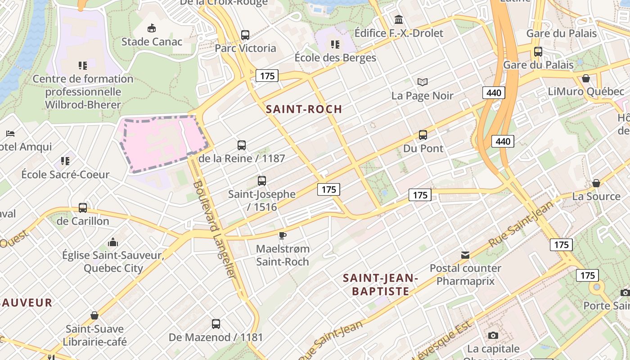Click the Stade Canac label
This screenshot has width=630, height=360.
pyautogui.click(x=152, y=42)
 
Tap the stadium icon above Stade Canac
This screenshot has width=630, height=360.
pyautogui.click(x=152, y=28)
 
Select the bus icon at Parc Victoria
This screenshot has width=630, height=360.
pyautogui.click(x=245, y=35)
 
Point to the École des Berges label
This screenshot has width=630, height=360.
pyautogui.click(x=335, y=58)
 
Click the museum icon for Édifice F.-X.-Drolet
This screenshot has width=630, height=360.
pyautogui.click(x=399, y=19)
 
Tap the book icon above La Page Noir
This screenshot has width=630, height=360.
pyautogui.click(x=422, y=82)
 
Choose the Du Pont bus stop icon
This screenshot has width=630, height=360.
pyautogui.click(x=423, y=135)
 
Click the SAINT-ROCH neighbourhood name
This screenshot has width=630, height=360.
pyautogui.click(x=304, y=109)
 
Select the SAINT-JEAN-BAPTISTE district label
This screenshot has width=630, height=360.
pyautogui.click(x=381, y=284)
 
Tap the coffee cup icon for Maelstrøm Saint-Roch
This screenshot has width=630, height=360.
pyautogui.click(x=282, y=235)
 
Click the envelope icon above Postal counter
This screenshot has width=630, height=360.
pyautogui.click(x=465, y=255)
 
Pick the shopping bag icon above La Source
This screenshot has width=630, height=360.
pyautogui.click(x=596, y=183)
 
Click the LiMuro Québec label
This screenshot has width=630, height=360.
pyautogui.click(x=586, y=92)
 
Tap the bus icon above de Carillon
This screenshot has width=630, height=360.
pyautogui.click(x=83, y=207)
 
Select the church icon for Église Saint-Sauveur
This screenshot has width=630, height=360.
pyautogui.click(x=113, y=242)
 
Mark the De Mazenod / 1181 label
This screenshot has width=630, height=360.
pyautogui.click(x=216, y=337)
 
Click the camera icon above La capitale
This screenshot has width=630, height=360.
pyautogui.click(x=493, y=335)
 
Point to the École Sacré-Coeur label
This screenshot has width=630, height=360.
pyautogui.click(x=65, y=175)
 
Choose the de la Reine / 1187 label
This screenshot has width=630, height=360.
pyautogui.click(x=242, y=158)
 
